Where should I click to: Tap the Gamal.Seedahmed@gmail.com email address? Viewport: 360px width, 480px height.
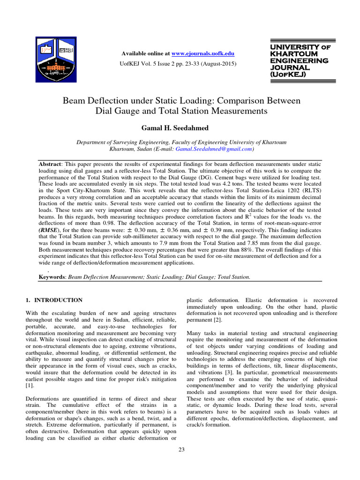(x=213, y=149)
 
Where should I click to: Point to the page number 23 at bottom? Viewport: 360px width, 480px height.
(x=181, y=450)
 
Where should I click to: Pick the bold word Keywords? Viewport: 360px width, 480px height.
(x=52, y=277)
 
